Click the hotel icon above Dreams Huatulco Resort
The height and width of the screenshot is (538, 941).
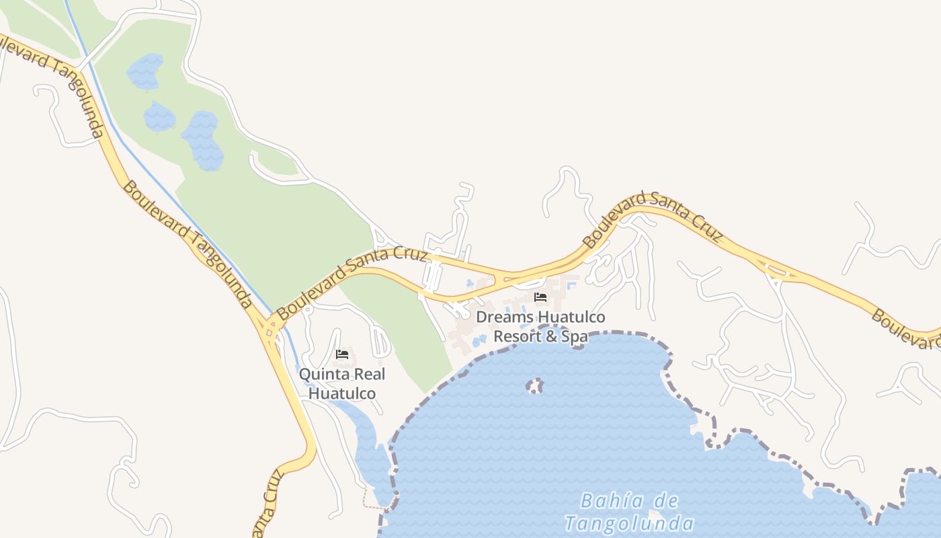540,297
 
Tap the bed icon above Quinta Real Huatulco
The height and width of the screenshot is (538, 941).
342,354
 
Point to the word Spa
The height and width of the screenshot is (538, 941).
575,336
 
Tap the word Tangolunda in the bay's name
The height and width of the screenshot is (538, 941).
629,523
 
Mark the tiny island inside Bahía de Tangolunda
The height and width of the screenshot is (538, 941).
534,385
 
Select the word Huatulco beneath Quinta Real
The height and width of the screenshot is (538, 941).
342,393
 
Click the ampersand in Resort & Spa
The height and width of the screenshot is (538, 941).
552,336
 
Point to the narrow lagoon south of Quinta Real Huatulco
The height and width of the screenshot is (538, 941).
366,437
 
